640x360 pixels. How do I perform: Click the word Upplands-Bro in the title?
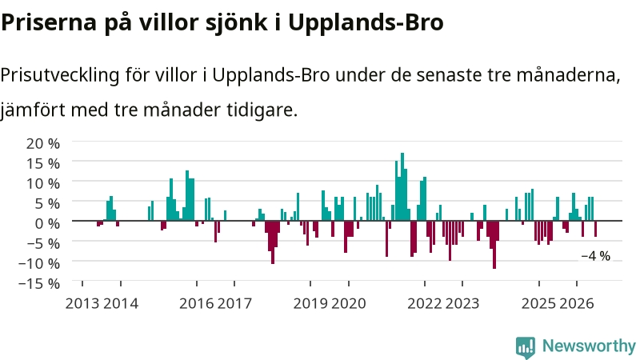366,23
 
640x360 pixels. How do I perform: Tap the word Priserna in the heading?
49,22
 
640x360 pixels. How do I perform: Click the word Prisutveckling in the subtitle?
60,75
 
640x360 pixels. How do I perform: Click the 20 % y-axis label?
43,143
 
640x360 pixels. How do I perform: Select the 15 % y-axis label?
43,163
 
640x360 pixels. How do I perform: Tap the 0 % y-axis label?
47,223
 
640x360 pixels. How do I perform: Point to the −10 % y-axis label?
38,263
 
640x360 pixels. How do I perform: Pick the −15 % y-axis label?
38,283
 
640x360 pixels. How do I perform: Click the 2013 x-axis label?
82,303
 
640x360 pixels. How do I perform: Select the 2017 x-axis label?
234,303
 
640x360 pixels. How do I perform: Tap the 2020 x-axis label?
349,303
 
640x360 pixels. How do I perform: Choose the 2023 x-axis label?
462,303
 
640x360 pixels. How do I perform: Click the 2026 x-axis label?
576,303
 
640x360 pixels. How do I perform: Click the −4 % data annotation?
595,256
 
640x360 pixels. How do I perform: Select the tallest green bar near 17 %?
402,186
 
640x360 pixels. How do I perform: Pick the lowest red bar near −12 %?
494,245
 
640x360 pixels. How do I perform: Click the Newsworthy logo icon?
526,347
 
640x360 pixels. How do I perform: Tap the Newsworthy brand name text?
589,346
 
